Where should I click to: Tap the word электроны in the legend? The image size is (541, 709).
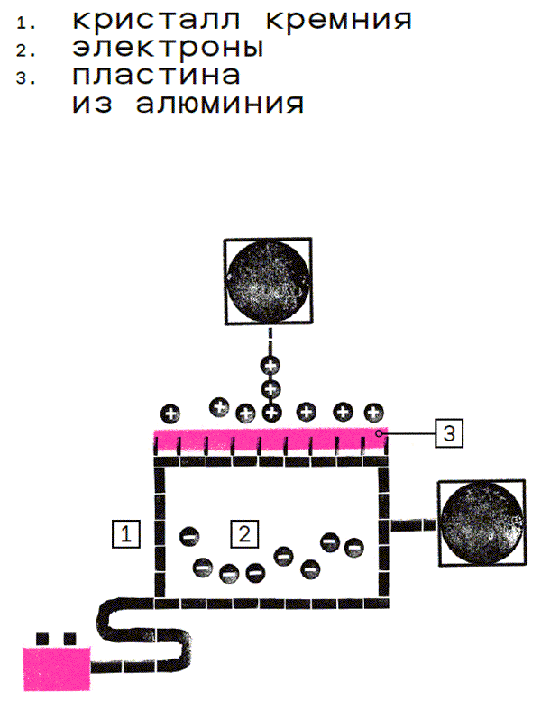tap(168, 47)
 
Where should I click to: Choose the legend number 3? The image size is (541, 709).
tap(23, 78)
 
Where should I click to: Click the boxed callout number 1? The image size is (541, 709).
tap(126, 533)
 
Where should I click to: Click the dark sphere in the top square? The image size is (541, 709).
tap(269, 282)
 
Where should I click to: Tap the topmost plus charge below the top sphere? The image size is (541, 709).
tap(270, 365)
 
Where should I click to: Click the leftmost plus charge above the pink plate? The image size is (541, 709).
tap(170, 414)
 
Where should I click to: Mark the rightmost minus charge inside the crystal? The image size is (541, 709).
tap(353, 546)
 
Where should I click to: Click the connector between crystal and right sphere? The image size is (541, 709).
tap(410, 523)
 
